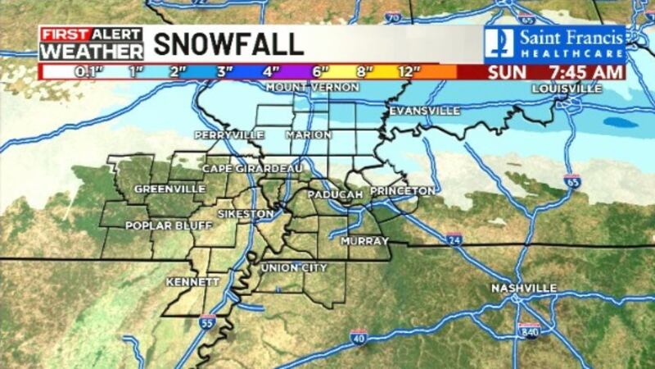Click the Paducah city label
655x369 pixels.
(335, 194)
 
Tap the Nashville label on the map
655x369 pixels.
(524, 288)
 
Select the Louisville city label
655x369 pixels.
(567, 88)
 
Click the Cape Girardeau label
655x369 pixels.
(253, 168)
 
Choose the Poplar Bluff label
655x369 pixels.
(157, 225)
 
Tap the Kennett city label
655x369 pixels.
(192, 281)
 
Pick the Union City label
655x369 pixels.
(293, 268)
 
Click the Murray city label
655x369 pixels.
(364, 241)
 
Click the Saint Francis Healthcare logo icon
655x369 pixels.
(499, 43)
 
